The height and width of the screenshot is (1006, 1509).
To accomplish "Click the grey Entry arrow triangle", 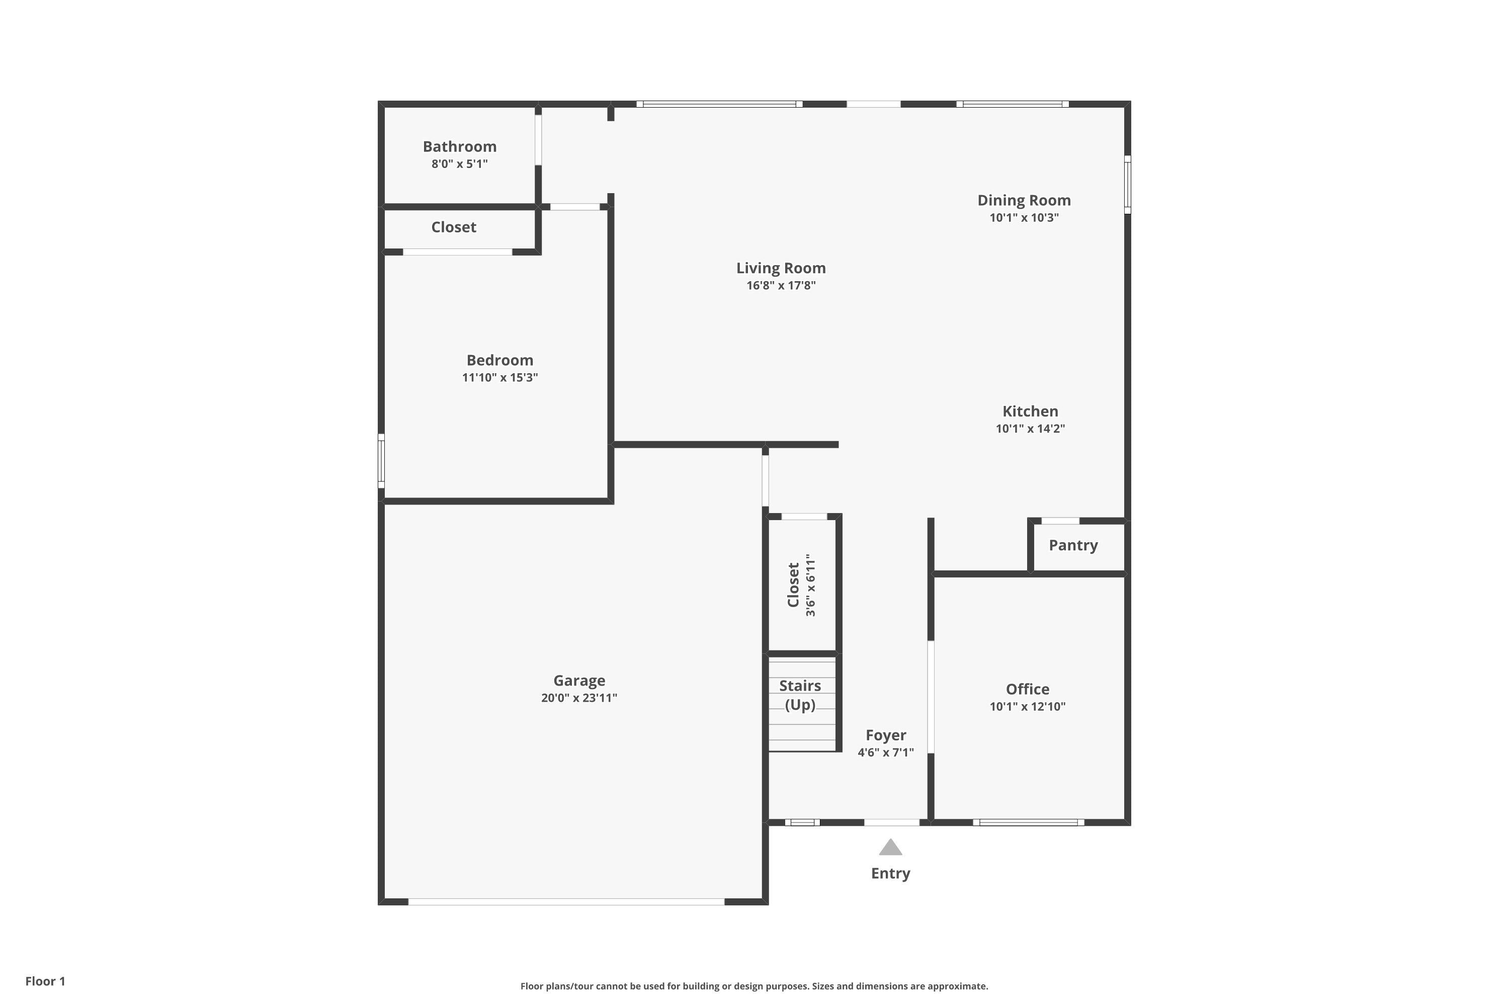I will pos(890,848).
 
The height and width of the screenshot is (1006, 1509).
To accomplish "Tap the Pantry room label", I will pos(1073,545).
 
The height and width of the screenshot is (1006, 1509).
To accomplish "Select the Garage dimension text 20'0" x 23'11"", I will pos(579,698).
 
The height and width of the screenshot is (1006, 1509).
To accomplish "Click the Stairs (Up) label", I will pos(800,695).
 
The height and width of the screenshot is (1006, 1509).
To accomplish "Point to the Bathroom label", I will pos(459,146).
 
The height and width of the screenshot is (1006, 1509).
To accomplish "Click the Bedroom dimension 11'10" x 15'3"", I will pos(500,377).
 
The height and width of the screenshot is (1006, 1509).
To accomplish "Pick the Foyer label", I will pos(885,735).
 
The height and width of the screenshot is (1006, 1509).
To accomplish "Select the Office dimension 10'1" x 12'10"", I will pos(1027,706).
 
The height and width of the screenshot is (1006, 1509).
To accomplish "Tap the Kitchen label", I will pos(1030,411).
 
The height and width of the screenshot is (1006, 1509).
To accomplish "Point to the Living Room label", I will pos(780,268).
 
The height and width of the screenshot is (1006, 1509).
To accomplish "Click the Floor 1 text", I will pos(45,981).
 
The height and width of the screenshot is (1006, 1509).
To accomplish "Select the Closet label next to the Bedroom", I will pos(453,227).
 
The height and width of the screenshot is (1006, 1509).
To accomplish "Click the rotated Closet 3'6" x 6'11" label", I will pos(801,585).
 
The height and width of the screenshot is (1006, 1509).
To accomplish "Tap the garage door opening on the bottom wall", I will pos(566,901).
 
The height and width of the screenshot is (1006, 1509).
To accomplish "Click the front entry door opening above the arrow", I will pos(891,822).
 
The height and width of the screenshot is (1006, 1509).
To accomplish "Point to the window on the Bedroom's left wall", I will pos(381,461).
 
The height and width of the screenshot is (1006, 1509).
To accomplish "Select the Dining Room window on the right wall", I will pos(1127,184).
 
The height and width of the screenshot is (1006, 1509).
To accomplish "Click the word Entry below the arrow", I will pos(890,873).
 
